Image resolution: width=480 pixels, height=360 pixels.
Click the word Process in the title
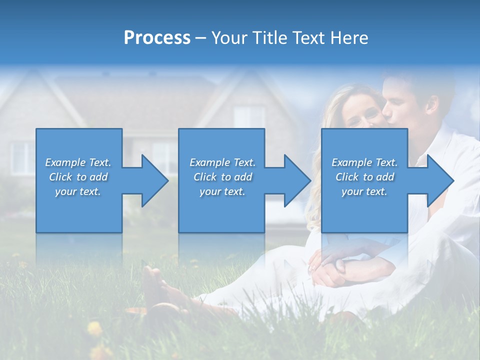click(157, 38)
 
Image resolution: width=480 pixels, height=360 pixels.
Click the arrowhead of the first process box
click(152, 180)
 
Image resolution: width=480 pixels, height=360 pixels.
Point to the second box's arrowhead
click(295, 180)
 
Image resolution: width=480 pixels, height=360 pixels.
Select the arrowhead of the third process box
click(438, 180)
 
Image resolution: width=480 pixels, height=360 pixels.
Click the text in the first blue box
click(78, 177)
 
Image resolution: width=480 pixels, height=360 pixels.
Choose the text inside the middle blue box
click(222, 177)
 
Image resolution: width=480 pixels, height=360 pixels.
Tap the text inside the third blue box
click(364, 177)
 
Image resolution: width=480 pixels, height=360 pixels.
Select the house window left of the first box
click(20, 157)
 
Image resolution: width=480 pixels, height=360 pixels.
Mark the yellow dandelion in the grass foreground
click(94, 328)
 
